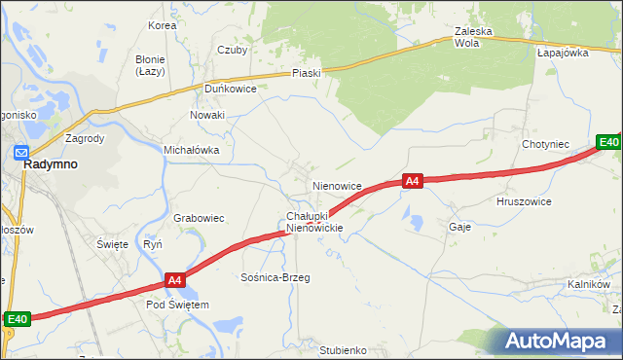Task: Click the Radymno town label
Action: point(50,164)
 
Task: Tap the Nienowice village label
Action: point(337,185)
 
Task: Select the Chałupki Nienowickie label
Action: point(313,221)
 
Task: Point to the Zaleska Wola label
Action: point(474,37)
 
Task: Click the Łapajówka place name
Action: point(563,53)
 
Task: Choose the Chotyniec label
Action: point(545,144)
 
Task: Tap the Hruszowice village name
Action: point(524,201)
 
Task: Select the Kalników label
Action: point(588,284)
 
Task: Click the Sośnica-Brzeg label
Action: point(275,277)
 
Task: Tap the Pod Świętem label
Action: point(177,305)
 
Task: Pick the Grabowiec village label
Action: point(200,218)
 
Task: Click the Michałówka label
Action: point(191,151)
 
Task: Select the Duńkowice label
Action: point(230,88)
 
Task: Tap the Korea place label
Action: point(162,25)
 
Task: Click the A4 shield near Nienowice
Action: point(412,181)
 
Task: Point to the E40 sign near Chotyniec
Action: point(608,143)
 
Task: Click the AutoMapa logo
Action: point(556,342)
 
